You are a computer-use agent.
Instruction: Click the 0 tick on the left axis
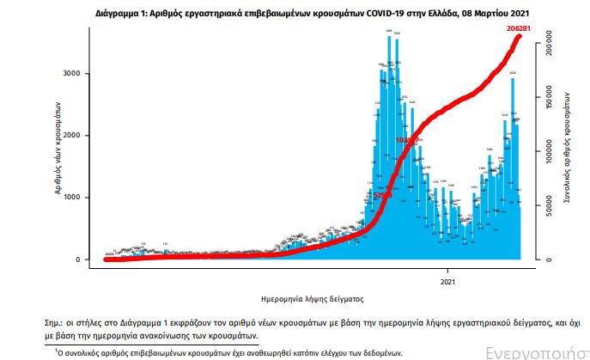(x=78, y=259)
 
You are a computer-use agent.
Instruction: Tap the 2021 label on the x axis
(x=448, y=281)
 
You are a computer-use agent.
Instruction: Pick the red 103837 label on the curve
(x=407, y=139)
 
